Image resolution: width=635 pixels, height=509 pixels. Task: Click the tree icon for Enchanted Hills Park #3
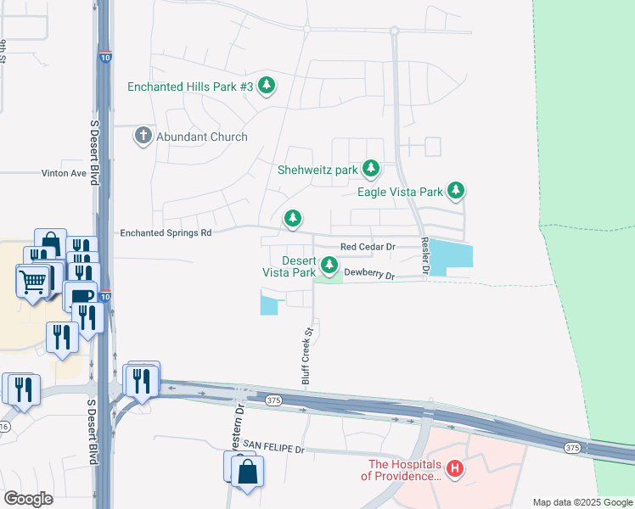click(x=267, y=85)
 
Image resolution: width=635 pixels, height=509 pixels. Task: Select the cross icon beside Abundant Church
click(x=143, y=136)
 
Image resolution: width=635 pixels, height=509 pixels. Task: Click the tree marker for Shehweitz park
click(x=371, y=169)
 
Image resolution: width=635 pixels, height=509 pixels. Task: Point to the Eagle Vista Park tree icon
click(x=457, y=191)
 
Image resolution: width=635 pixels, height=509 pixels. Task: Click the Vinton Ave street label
click(x=65, y=173)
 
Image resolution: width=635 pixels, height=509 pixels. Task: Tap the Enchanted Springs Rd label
click(x=165, y=232)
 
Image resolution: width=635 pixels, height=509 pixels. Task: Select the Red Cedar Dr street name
click(x=368, y=247)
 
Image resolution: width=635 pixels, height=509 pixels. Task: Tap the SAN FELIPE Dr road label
click(x=273, y=445)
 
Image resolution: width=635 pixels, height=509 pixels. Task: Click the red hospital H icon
click(x=455, y=468)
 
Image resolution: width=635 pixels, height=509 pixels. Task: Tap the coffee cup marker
click(x=81, y=296)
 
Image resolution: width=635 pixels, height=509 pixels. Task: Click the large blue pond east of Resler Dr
click(x=451, y=255)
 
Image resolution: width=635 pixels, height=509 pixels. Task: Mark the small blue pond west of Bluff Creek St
click(x=268, y=303)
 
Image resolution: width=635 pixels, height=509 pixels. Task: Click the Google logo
click(x=28, y=499)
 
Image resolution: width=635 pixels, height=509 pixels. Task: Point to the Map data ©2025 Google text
click(x=582, y=502)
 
